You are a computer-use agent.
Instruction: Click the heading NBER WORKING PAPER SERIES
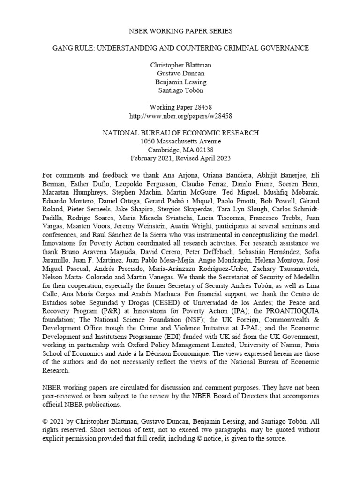[180, 31]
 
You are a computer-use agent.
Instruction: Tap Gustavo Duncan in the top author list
[180, 73]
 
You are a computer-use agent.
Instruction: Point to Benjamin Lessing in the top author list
[180, 82]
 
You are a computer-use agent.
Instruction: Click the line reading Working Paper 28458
[180, 107]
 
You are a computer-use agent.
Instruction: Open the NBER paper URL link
[180, 115]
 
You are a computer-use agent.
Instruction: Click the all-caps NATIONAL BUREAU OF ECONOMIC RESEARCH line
[180, 133]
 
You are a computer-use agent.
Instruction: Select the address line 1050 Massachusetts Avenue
[180, 141]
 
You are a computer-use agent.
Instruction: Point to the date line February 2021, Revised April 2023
[180, 158]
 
